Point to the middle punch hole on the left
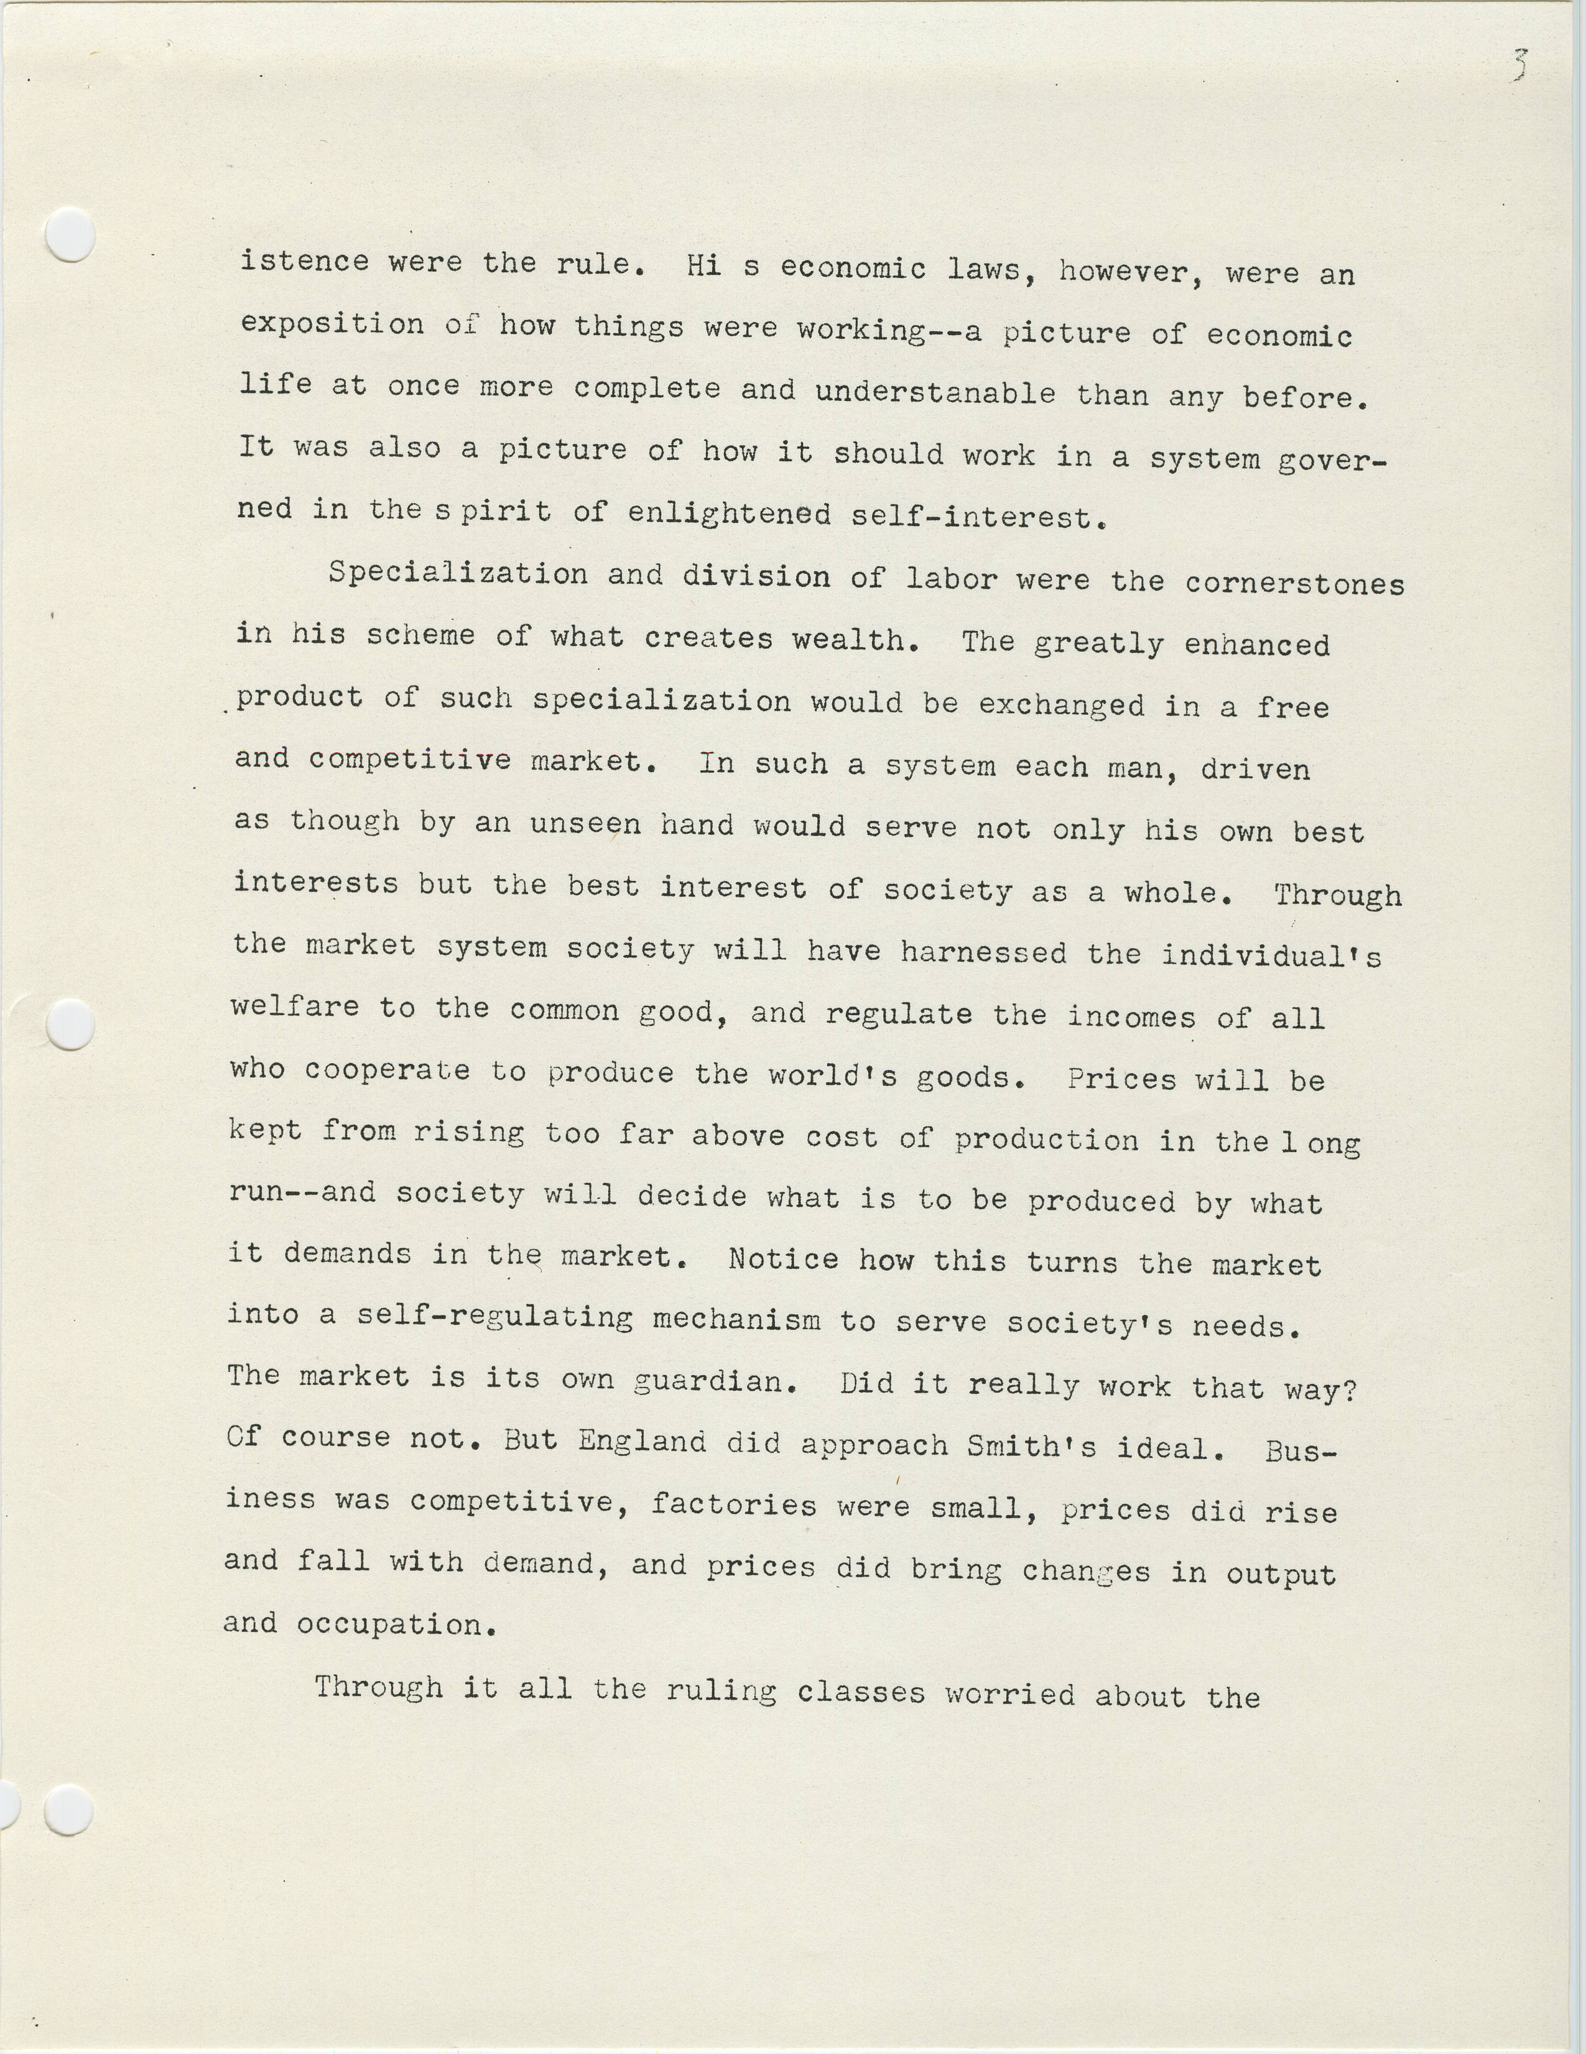coord(70,1023)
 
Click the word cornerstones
coord(1294,584)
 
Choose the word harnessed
coord(983,952)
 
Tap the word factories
coord(733,1505)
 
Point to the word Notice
coord(782,1258)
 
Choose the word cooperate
coord(387,1071)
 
